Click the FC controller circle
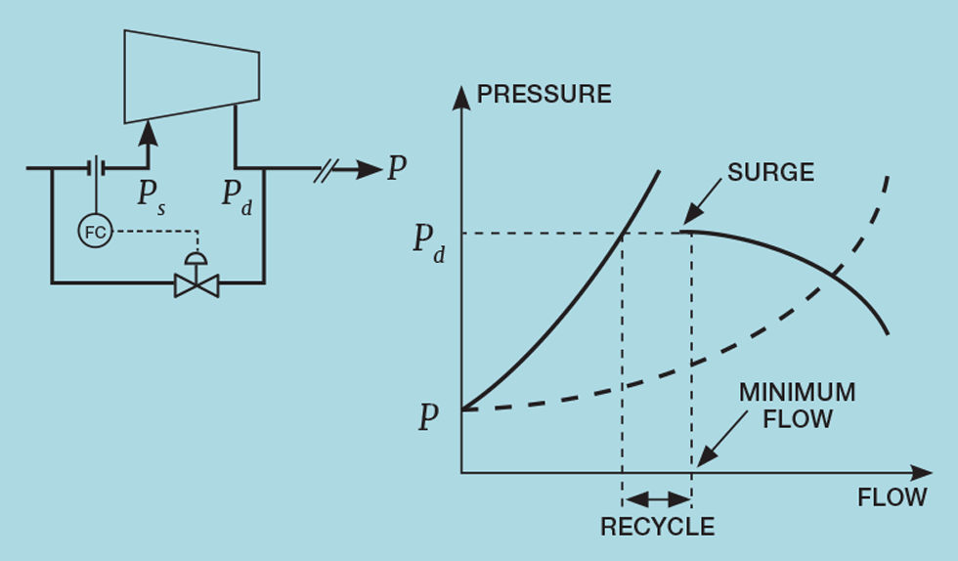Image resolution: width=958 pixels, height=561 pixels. (x=95, y=231)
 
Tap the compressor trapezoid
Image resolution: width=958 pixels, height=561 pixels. (x=192, y=76)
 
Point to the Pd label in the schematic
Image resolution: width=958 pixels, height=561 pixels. (x=236, y=195)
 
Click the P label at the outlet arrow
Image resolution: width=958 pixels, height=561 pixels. (x=396, y=170)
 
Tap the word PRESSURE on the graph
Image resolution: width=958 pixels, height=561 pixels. (x=543, y=95)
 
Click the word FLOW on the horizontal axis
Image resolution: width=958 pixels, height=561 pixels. (x=892, y=497)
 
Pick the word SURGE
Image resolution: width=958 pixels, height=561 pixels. (x=771, y=173)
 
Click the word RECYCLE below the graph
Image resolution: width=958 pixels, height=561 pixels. (x=657, y=527)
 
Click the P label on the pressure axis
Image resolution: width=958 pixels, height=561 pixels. (x=427, y=417)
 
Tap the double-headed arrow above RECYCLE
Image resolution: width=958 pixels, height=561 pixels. (x=657, y=497)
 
